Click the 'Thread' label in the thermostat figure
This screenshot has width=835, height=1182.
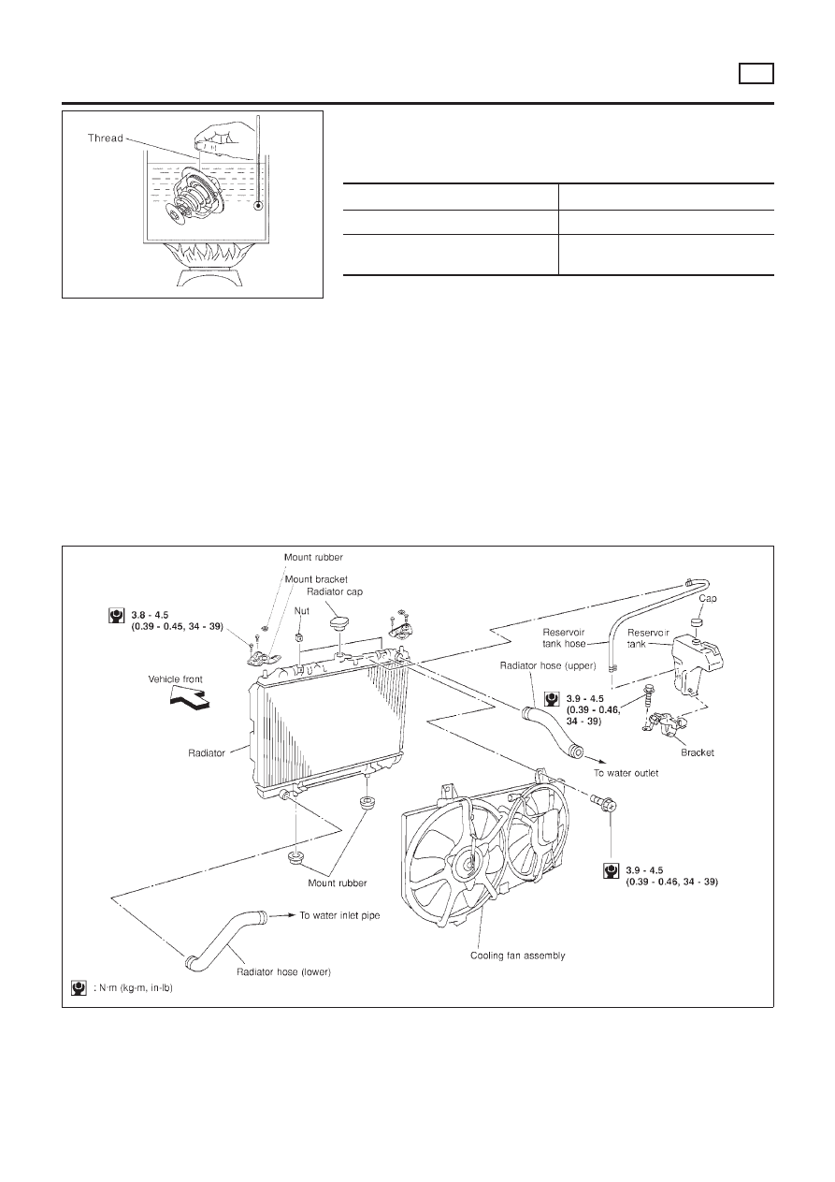pos(105,137)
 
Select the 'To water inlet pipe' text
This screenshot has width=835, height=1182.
pos(340,916)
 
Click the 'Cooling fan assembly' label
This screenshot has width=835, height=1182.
pos(517,956)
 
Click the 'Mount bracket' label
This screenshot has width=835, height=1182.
pos(316,579)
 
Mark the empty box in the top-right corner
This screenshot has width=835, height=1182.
pos(756,73)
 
